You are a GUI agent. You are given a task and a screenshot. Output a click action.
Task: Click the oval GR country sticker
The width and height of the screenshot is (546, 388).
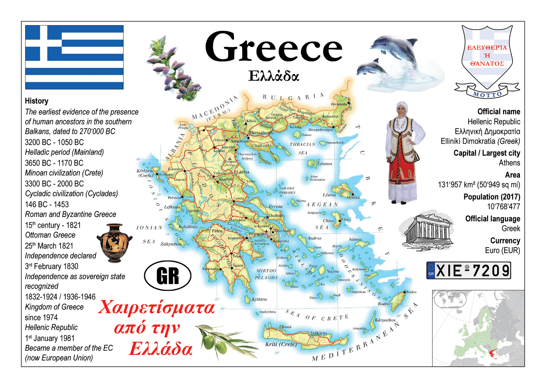coord(167,276)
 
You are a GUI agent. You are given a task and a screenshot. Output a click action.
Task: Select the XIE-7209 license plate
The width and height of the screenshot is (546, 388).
coord(468,271)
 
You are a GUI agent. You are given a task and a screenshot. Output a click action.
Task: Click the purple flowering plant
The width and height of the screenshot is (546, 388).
coord(172,69)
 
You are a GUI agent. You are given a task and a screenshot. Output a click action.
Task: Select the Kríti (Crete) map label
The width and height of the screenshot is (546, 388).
coord(281,344)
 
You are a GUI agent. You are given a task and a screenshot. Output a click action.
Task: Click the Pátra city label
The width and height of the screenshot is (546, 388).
coord(217,230)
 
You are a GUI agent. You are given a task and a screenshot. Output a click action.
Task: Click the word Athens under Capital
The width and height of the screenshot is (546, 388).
coord(509,163)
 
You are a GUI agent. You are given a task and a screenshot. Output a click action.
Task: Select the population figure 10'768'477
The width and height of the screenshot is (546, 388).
coord(503,207)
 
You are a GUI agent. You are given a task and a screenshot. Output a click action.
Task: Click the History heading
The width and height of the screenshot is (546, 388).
coord(37,101)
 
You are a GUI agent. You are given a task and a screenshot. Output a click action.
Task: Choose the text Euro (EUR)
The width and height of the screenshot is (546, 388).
coord(502,250)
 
